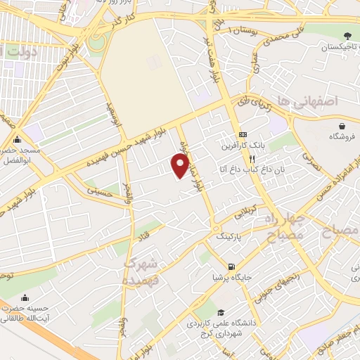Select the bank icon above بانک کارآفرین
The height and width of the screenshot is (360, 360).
[243, 134]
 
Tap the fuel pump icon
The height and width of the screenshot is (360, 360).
[231, 266]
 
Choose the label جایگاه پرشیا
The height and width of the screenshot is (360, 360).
[231, 277]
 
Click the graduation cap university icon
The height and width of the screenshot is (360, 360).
[221, 313]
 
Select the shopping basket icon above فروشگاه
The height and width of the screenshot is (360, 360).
[340, 126]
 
